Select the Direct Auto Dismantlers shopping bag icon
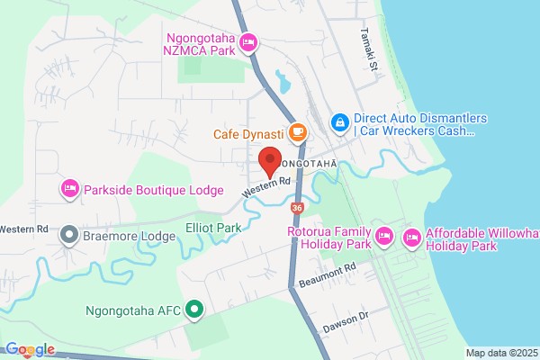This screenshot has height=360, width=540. click(x=339, y=120)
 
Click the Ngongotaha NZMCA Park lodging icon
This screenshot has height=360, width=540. click(x=249, y=42)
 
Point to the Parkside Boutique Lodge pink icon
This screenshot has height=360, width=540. click(x=69, y=189)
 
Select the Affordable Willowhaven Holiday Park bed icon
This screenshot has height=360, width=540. click(x=412, y=238)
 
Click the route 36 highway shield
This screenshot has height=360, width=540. click(x=298, y=208)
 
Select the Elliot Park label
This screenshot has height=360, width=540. click(x=213, y=229)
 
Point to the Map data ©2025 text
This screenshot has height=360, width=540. click(x=500, y=353)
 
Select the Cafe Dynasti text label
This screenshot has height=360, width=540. click(x=247, y=134)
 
